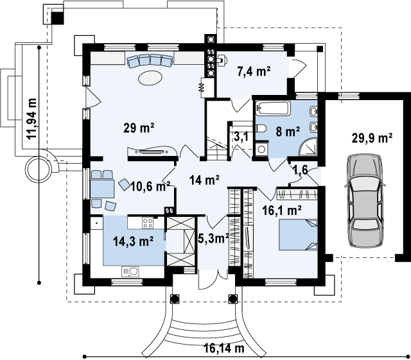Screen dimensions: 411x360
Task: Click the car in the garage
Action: [365, 201]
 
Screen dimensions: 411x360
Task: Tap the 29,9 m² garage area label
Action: [372, 138]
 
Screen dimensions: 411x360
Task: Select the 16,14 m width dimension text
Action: [224, 348]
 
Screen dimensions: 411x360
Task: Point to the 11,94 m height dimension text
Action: [32, 119]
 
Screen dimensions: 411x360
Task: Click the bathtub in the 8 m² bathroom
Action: [273, 108]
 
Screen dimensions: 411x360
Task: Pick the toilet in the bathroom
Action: [261, 128]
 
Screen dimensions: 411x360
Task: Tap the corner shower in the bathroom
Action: [308, 146]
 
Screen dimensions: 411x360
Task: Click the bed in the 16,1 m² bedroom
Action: [298, 235]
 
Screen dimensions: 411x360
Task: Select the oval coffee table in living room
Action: [150, 78]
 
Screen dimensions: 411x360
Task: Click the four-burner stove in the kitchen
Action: [148, 223]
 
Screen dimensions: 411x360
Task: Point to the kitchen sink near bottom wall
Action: [130, 272]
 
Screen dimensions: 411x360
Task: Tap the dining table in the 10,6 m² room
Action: [103, 189]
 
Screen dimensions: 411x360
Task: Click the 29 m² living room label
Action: [139, 128]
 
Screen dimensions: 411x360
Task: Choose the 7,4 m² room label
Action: [254, 71]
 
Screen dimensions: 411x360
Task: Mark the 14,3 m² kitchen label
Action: [133, 241]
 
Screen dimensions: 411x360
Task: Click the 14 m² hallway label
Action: [204, 180]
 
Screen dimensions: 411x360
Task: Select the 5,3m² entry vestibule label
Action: [213, 239]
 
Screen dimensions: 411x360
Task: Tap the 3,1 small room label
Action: [240, 137]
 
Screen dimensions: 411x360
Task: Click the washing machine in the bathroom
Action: [261, 149]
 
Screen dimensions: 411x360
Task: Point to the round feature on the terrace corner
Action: [39, 169]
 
